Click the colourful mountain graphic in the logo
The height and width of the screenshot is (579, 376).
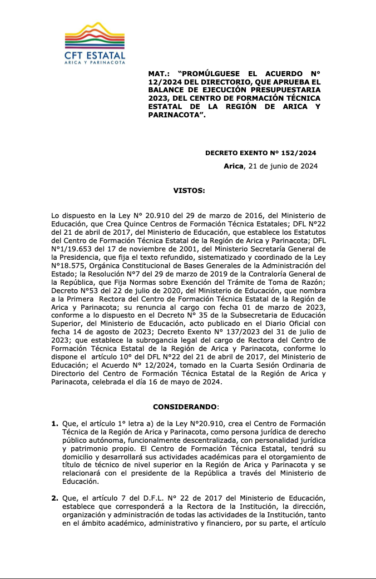pyautogui.click(x=95, y=36)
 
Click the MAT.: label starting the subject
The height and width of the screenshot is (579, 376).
pyautogui.click(x=157, y=73)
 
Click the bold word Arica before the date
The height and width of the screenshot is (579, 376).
pyautogui.click(x=234, y=166)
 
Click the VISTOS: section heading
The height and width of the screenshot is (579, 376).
pyautogui.click(x=189, y=190)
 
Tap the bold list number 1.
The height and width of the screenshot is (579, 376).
pyautogui.click(x=55, y=424)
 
